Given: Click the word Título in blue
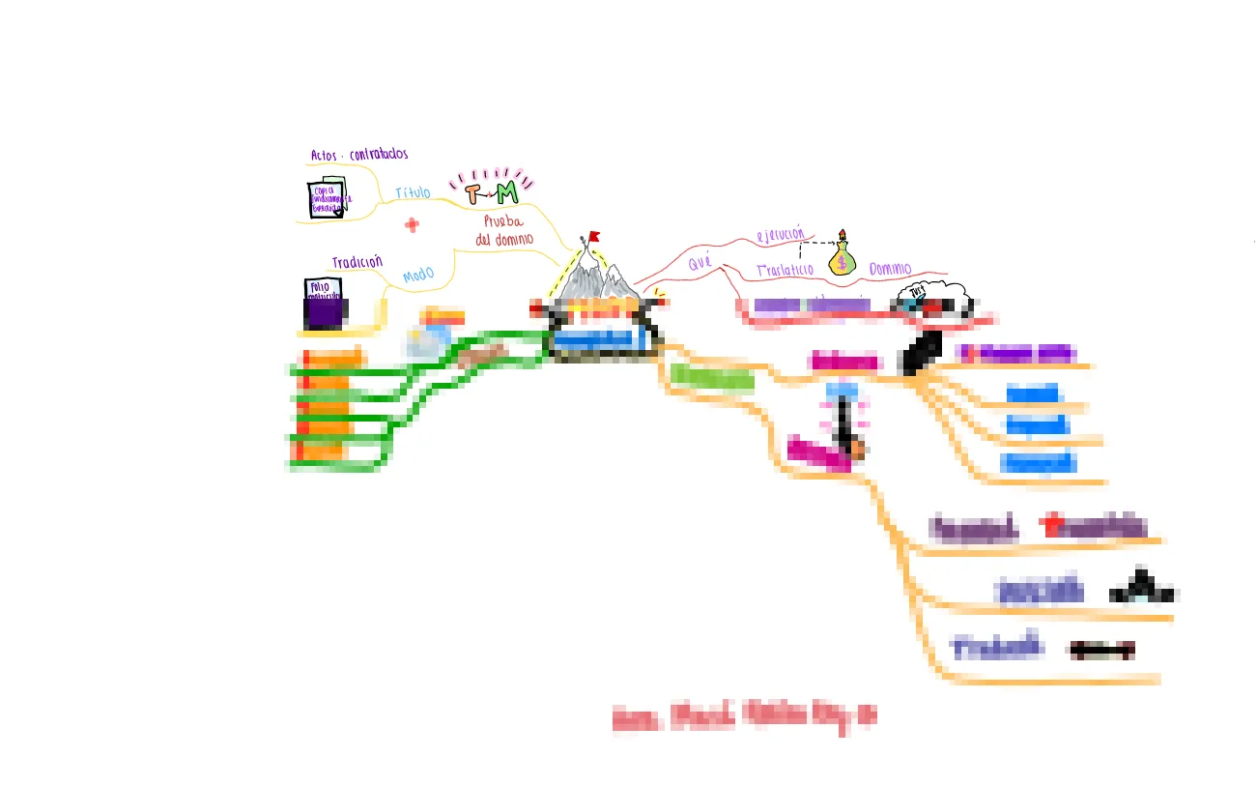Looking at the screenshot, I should tap(413, 193).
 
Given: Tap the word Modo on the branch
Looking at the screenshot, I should tap(418, 277).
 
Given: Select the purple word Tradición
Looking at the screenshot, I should tap(357, 262).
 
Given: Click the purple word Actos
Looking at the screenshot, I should tap(324, 155).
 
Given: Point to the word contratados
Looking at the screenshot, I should tap(378, 154).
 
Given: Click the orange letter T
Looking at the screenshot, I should tap(471, 194).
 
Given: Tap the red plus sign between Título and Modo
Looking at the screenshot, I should tap(413, 225).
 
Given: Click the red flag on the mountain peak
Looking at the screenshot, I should tap(594, 235).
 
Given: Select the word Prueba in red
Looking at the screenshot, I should tap(503, 221).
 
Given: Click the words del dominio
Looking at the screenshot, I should tap(504, 239).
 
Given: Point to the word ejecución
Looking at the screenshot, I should tap(780, 234).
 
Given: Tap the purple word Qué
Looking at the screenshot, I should tap(700, 262).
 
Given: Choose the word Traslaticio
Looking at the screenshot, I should tap(785, 270).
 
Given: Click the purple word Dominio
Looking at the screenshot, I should tap(889, 269).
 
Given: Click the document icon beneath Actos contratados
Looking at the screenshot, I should tap(327, 198).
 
